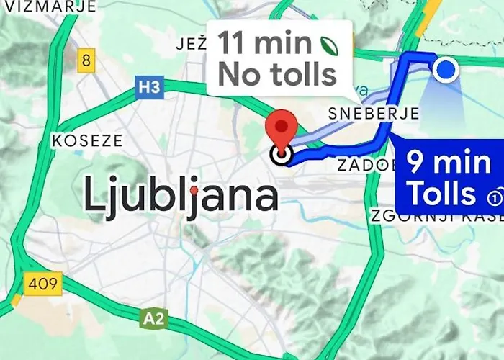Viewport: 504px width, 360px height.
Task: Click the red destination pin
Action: [x=282, y=128]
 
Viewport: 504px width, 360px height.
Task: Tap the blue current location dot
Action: [x=447, y=70]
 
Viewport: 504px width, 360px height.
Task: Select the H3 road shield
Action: [x=148, y=88]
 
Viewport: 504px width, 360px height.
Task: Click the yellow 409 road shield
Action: [x=42, y=284]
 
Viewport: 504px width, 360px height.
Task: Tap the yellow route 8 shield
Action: [x=86, y=60]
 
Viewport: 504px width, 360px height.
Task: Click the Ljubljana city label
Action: [x=181, y=195]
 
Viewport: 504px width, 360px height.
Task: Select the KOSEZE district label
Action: [x=87, y=140]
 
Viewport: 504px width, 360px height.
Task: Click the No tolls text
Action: [x=277, y=73]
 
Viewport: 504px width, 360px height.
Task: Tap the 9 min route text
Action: [x=449, y=162]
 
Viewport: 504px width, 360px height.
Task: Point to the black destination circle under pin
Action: [x=281, y=153]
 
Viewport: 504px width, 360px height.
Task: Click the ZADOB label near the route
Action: [x=364, y=166]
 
